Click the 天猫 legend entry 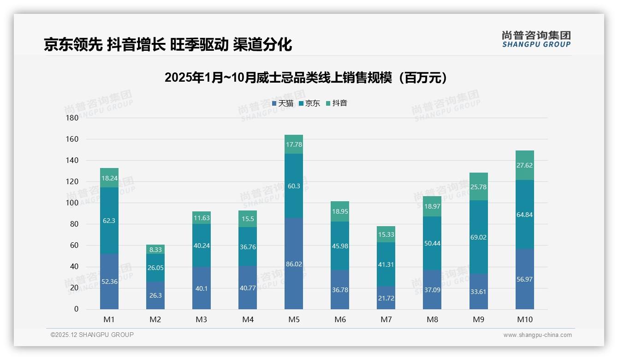tap(283, 103)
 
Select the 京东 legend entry tap(309, 103)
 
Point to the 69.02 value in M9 tap(478, 237)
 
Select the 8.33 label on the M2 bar tap(155, 250)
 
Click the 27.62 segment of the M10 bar tap(524, 165)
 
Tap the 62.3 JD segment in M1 tap(109, 221)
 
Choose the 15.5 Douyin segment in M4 tap(248, 219)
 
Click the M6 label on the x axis tap(340, 319)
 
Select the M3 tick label tap(202, 319)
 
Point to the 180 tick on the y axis tap(72, 118)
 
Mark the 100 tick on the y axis tap(72, 203)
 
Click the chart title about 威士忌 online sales tap(306, 78)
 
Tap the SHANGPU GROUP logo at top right tap(536, 39)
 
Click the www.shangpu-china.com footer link tap(537, 335)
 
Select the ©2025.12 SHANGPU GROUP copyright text tap(92, 335)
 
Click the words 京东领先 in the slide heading tap(73, 44)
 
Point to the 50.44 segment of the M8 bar tap(432, 243)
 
